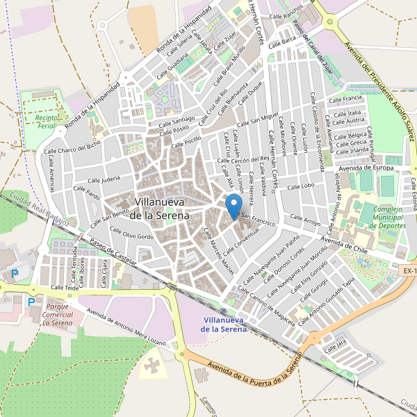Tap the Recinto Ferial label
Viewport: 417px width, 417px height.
click(x=40, y=123)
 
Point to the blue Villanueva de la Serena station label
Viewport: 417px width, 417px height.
click(x=224, y=325)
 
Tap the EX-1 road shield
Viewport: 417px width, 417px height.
click(x=409, y=270)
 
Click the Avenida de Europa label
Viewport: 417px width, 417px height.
click(x=366, y=168)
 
